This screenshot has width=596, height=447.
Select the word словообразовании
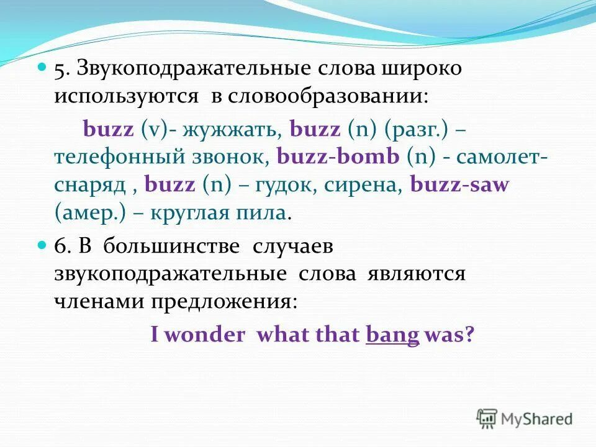tap(327, 97)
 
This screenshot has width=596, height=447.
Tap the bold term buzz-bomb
tap(338, 157)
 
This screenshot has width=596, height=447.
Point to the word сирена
tap(374, 186)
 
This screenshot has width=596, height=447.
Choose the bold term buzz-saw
tap(459, 186)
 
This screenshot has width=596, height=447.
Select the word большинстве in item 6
tap(171, 246)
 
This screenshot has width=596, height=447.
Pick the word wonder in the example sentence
tap(205, 335)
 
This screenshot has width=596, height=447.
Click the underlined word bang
tap(392, 335)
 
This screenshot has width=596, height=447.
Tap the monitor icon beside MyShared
tap(488, 418)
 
